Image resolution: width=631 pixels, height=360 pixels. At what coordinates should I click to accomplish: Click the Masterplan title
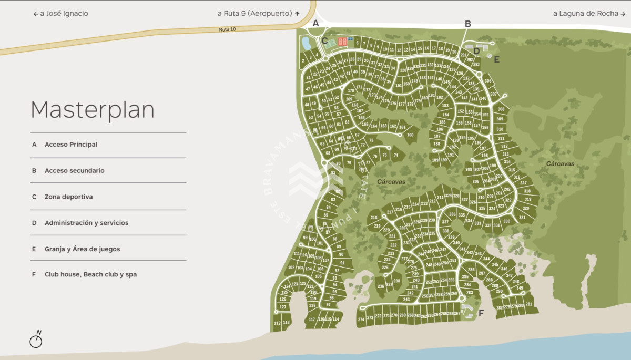click(93, 110)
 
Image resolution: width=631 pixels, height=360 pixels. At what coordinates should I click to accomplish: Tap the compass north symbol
click(36, 340)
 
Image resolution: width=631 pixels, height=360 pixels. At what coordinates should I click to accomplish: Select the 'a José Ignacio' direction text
click(61, 14)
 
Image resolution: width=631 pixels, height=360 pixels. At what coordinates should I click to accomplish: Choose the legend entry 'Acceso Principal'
click(71, 145)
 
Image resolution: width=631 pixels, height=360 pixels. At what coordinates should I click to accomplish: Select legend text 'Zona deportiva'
click(68, 197)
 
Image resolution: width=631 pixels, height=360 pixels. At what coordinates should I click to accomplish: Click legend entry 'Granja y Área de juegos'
click(82, 249)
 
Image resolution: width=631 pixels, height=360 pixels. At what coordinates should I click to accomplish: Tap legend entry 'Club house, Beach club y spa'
click(90, 274)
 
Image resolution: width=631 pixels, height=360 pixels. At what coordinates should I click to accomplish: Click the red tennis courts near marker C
click(342, 41)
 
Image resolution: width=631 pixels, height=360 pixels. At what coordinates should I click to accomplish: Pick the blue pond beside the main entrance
click(306, 44)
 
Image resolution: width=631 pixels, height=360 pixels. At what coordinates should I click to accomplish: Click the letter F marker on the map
click(481, 313)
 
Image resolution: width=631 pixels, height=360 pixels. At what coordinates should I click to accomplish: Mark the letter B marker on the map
click(467, 24)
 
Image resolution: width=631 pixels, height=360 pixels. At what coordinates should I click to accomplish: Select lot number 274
click(361, 319)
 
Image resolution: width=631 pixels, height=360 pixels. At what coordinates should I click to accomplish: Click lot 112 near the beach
click(277, 323)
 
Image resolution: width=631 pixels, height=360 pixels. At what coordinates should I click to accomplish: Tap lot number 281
click(528, 304)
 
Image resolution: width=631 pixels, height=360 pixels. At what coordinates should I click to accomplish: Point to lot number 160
click(410, 135)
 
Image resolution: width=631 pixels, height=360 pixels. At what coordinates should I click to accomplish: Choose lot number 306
click(487, 81)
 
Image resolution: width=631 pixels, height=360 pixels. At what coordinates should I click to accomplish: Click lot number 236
click(381, 286)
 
